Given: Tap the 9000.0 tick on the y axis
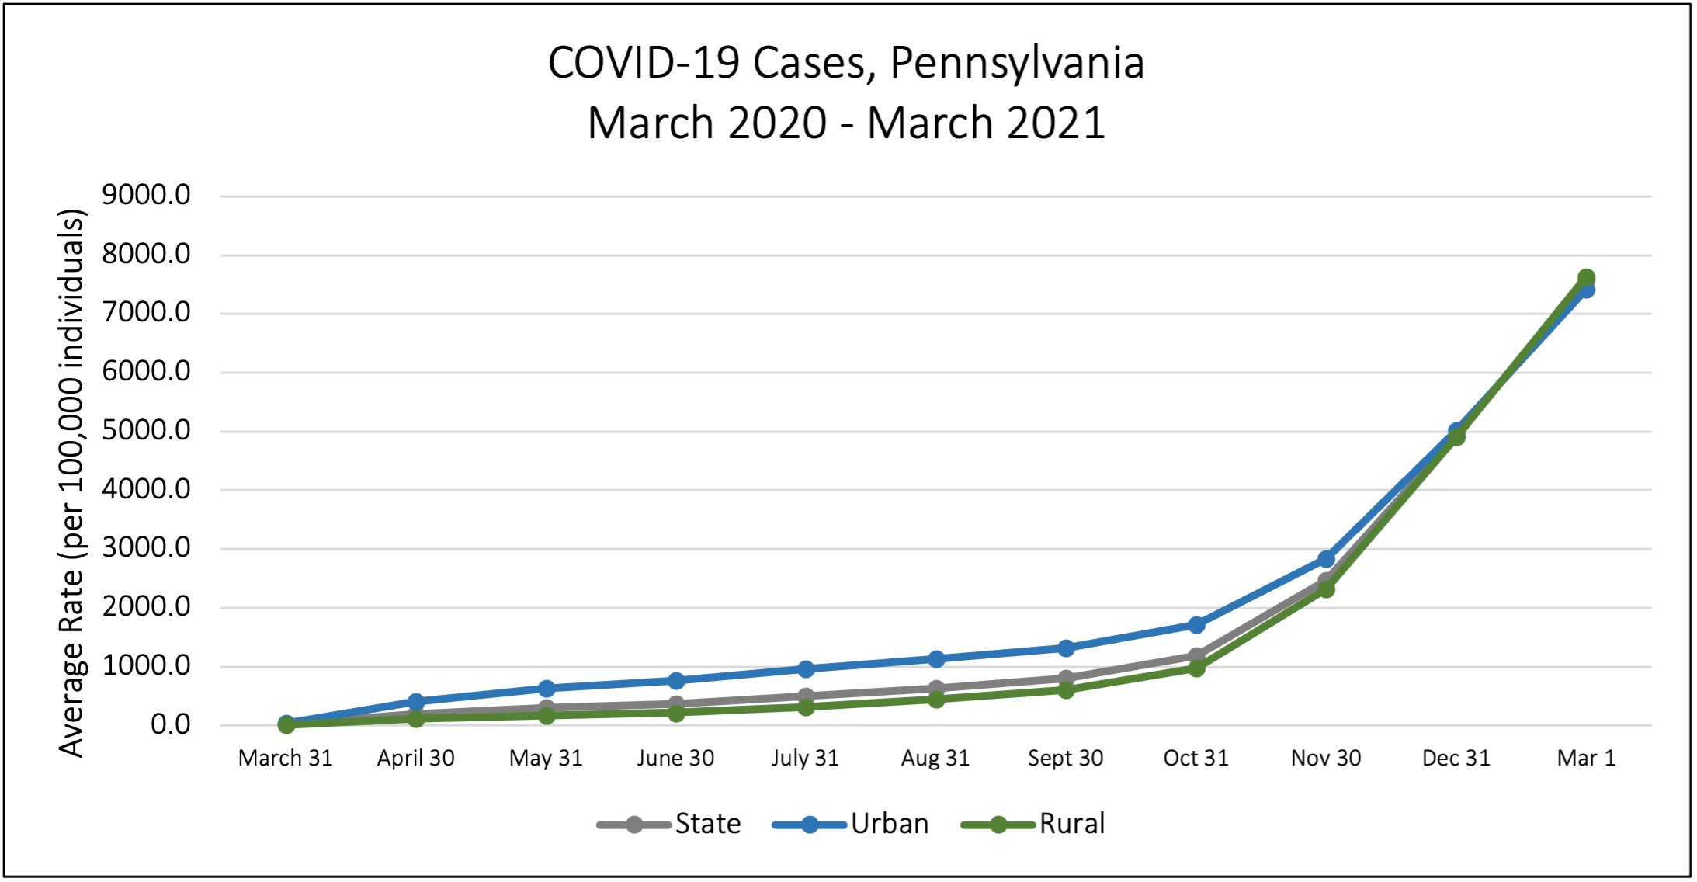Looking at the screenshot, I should tap(146, 195).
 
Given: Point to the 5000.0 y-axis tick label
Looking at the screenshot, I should tap(146, 430).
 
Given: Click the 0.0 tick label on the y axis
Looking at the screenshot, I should tap(170, 724).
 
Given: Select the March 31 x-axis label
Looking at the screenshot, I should tap(285, 758).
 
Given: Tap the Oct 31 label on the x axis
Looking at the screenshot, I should tap(1196, 758).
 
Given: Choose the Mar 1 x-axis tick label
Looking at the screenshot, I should tap(1586, 758).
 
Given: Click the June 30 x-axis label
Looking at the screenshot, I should tap(675, 758).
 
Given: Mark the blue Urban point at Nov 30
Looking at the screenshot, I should tap(1326, 559).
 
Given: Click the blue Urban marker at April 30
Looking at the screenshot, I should tap(415, 702).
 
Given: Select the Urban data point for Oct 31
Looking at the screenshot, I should tap(1196, 624).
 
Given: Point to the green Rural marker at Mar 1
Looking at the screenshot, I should tap(1587, 277).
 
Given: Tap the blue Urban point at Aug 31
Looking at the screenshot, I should tap(936, 658).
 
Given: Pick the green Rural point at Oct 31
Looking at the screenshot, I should tap(1196, 668).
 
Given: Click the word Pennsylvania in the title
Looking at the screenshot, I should tap(1016, 63).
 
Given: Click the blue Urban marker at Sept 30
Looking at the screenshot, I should tap(1066, 648).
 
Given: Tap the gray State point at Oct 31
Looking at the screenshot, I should tap(1196, 656).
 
